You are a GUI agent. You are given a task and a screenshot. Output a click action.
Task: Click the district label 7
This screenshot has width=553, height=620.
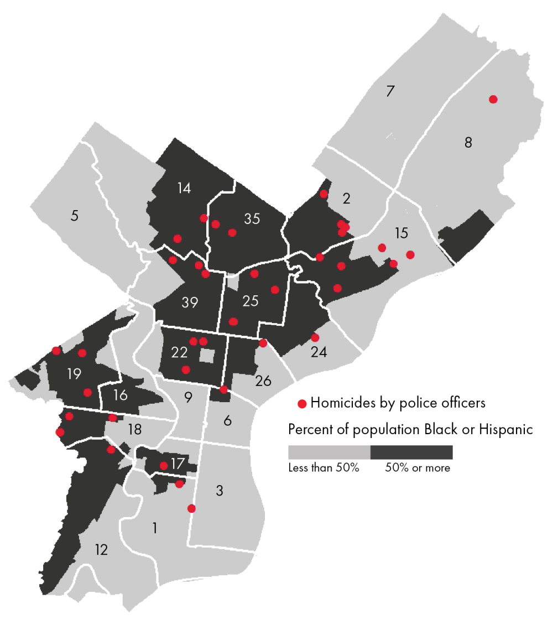[x=390, y=91]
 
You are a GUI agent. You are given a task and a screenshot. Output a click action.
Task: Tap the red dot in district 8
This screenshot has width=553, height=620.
[x=493, y=99]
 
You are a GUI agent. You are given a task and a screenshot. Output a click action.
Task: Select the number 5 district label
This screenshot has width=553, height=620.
[x=75, y=215]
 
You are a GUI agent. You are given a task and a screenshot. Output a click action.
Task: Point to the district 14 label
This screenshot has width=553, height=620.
[x=184, y=188]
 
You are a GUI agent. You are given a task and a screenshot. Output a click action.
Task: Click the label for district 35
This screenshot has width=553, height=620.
[x=252, y=219]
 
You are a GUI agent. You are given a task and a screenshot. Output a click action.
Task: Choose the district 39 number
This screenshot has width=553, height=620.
[x=190, y=303]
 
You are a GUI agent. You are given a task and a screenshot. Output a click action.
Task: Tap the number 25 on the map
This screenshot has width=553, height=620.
[x=251, y=301]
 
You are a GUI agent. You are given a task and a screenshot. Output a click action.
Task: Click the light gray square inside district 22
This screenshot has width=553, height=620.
[x=207, y=356]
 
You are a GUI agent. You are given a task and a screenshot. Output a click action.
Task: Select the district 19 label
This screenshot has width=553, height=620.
[x=74, y=374]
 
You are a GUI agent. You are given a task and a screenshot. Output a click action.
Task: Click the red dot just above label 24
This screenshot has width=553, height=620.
[x=315, y=337]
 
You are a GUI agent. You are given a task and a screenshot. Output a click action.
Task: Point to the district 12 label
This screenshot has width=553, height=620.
[x=101, y=550]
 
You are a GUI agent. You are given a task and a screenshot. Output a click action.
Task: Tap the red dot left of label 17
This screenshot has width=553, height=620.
[x=164, y=466]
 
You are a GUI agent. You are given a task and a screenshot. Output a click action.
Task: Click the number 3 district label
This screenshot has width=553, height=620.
[x=219, y=491]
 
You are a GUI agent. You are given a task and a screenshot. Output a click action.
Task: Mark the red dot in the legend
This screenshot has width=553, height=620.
[x=302, y=404]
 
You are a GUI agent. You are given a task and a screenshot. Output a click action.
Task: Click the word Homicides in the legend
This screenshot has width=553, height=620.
[x=339, y=403]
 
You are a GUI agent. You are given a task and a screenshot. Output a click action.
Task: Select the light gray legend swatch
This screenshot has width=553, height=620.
[x=329, y=452]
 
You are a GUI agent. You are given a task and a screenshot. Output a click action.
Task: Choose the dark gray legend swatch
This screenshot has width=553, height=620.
[x=411, y=452]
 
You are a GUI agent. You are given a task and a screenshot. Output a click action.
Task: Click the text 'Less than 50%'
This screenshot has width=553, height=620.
[x=324, y=468]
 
